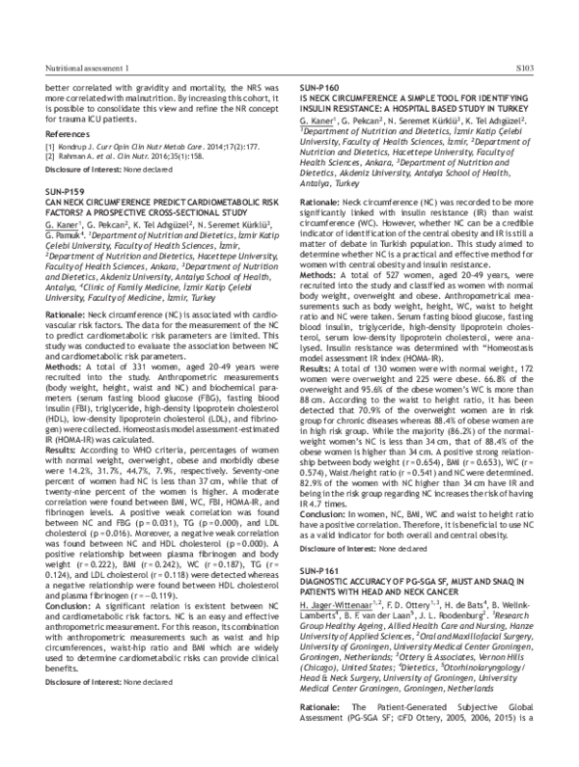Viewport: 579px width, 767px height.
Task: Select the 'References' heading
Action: tap(54, 133)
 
